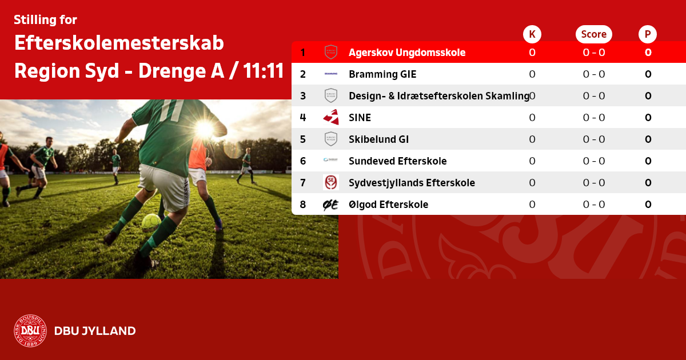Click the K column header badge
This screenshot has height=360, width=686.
[532, 34]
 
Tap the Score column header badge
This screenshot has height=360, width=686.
[594, 34]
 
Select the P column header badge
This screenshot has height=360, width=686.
[648, 34]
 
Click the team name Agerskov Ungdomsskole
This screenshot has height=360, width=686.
[407, 53]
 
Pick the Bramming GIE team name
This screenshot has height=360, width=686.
[382, 74]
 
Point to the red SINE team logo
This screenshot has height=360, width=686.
[331, 117]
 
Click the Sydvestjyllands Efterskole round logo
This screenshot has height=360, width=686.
[331, 182]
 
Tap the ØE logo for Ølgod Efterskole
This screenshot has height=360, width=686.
[331, 205]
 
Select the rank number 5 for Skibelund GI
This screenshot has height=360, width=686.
[303, 139]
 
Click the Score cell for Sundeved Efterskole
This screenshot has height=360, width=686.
[594, 161]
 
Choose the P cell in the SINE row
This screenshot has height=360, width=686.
[648, 118]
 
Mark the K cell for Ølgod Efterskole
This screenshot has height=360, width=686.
[532, 204]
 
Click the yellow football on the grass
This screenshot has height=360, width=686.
[151, 223]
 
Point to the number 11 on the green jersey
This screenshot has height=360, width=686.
[172, 110]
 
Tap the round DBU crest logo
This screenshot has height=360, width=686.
[30, 331]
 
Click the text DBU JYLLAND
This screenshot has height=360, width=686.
[95, 331]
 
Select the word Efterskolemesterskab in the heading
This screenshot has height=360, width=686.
[119, 43]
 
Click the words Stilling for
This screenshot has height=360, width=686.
[45, 19]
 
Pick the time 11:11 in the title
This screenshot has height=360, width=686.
[264, 71]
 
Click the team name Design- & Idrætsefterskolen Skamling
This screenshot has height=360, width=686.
[439, 96]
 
